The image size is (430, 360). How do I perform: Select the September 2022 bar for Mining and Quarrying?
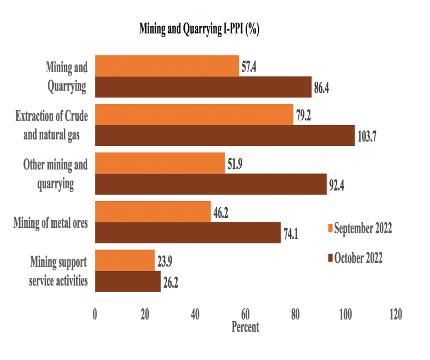pos(167,66)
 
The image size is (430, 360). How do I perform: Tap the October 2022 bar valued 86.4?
pos(203,87)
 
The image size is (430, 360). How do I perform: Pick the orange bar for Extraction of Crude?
pos(194,114)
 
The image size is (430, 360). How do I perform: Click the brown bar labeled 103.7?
pos(224,136)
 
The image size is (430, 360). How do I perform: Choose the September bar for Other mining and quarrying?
pos(160,163)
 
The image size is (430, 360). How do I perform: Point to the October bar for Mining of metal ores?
pos(188,233)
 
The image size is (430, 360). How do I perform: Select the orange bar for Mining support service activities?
pos(125,260)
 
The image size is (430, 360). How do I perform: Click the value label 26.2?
pos(169,282)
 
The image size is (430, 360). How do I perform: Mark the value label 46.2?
pos(221,212)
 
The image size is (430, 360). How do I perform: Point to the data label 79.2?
pos(304,115)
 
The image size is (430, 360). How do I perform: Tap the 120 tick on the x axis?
pos(395,314)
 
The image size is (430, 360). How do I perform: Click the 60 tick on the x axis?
pos(245,314)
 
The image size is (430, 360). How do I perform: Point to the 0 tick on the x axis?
pos(95,314)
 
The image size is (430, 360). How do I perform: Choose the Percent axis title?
pos(245,327)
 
